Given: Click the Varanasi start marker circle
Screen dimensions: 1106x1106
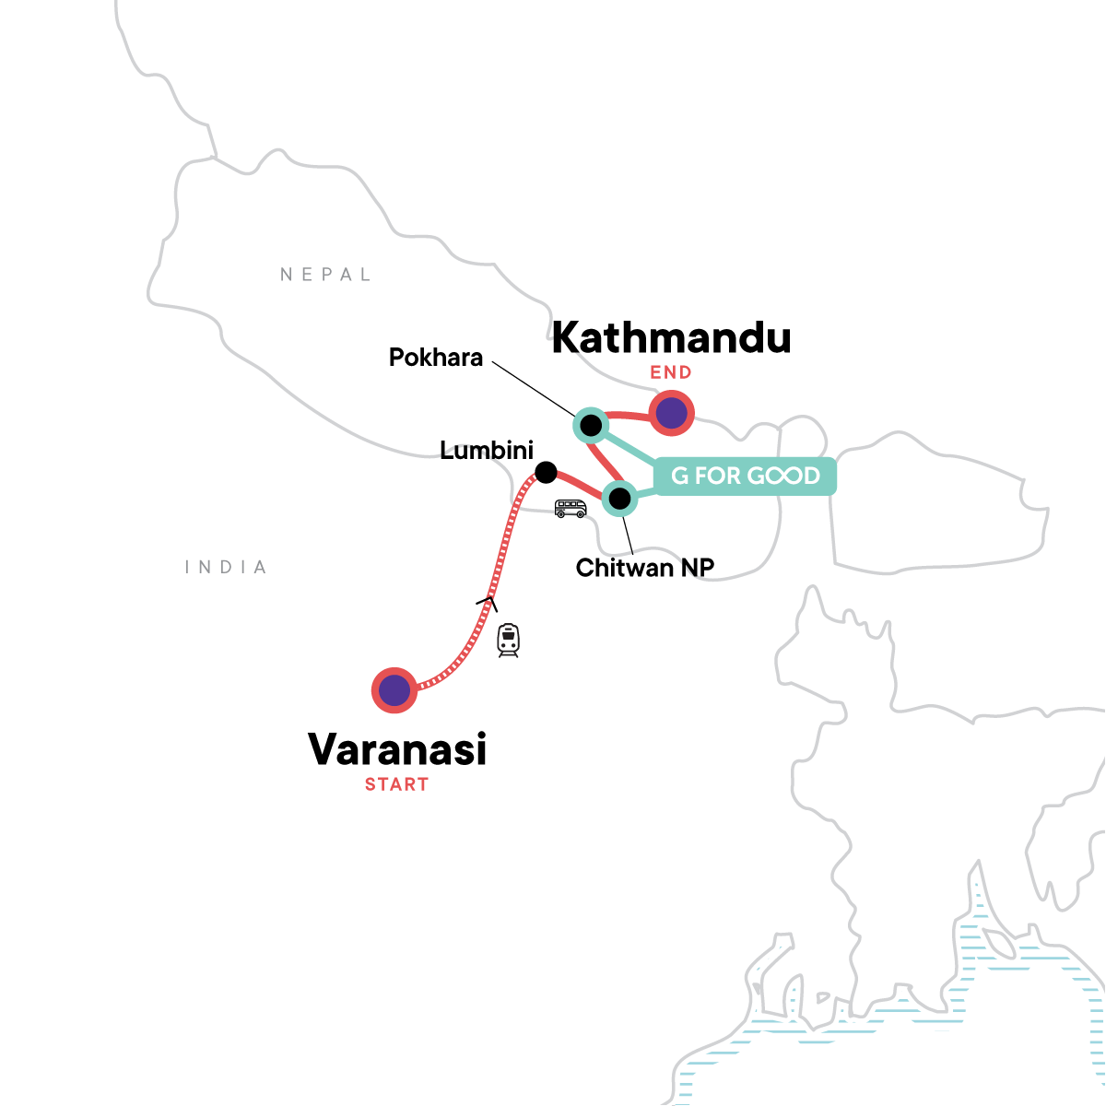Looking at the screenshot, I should point(394,689).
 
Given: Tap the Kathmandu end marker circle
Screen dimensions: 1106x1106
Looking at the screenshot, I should point(671,413).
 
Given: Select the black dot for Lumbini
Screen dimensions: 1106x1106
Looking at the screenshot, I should point(546,473).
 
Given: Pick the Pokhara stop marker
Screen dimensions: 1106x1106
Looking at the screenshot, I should point(590,425).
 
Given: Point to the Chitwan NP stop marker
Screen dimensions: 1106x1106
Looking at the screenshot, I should point(620,500).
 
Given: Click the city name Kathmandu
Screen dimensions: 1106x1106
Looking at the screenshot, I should point(671,338).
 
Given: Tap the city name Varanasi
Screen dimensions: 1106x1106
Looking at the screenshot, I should point(396,749).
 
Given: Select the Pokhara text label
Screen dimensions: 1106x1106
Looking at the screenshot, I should point(436,358).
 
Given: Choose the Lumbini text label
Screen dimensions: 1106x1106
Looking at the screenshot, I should point(487,451).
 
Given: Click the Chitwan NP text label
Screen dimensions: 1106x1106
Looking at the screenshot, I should point(645,568).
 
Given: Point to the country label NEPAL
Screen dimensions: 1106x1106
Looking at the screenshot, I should point(325,275).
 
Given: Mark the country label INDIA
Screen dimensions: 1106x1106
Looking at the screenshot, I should point(226,568).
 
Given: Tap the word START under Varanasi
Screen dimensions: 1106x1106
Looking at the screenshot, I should point(396,784).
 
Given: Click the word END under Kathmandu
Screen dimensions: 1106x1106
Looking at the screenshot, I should point(671,372).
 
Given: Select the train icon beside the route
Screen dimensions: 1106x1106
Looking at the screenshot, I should point(508,640).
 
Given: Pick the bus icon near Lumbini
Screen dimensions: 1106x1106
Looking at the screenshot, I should point(571,508).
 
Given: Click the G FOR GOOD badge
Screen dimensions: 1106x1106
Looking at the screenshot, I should point(745,476).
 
